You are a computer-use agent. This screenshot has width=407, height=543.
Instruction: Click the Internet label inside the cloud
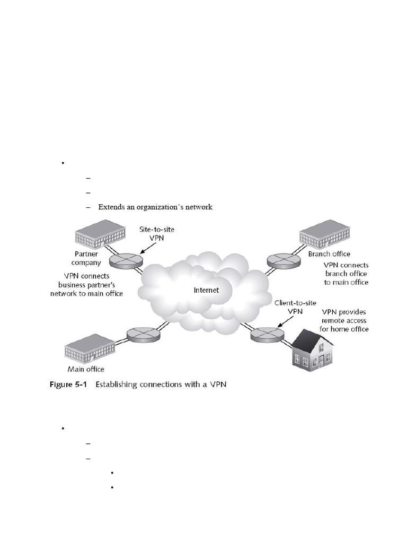[x=206, y=290]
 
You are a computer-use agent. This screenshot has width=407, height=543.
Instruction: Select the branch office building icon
[x=325, y=232]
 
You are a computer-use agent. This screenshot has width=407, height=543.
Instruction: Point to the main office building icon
[x=90, y=347]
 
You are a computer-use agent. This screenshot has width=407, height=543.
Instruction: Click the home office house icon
[x=313, y=350]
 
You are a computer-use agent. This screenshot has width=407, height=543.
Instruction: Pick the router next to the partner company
[x=126, y=260]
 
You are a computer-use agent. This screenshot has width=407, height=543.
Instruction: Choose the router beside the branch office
[x=284, y=260]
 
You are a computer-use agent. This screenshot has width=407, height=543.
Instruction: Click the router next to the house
[x=268, y=335]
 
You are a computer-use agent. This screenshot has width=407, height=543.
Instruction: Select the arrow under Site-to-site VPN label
[x=148, y=248]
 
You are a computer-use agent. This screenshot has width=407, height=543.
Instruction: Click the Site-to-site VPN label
[x=157, y=234]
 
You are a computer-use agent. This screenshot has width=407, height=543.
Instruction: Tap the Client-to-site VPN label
[x=295, y=307]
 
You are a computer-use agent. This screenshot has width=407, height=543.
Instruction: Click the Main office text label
[x=86, y=369]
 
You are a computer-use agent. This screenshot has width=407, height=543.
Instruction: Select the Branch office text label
[x=329, y=254]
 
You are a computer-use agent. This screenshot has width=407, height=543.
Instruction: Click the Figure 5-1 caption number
[x=68, y=384]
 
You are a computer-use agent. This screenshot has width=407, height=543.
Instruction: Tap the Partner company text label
[x=86, y=258]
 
